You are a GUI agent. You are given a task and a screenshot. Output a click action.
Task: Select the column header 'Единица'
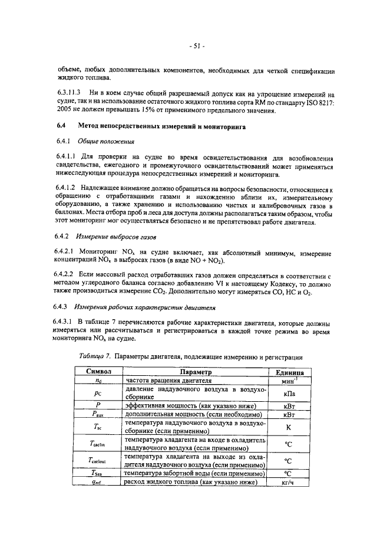pyautogui.click(x=289, y=373)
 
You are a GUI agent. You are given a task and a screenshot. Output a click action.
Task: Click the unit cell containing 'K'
pyautogui.click(x=289, y=427)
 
